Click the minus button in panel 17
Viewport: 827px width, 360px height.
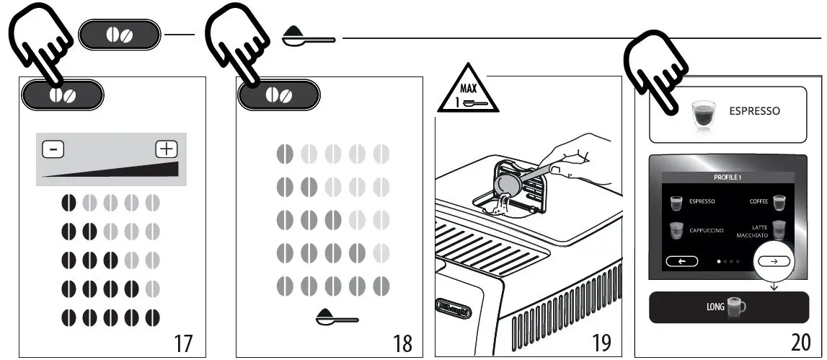(53, 150)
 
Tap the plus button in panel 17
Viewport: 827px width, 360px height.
(167, 149)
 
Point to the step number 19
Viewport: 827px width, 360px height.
(601, 341)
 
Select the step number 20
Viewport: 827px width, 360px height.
(796, 341)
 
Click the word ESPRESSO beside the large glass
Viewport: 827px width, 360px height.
(754, 112)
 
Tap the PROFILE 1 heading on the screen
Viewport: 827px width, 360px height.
(728, 177)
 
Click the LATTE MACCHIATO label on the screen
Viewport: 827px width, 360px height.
(751, 231)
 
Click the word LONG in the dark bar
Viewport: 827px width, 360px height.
(715, 307)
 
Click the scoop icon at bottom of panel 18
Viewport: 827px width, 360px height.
(337, 317)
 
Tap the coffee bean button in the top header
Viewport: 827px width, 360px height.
(119, 35)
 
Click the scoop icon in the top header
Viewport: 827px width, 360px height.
(308, 37)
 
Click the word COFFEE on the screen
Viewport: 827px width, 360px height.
(759, 202)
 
